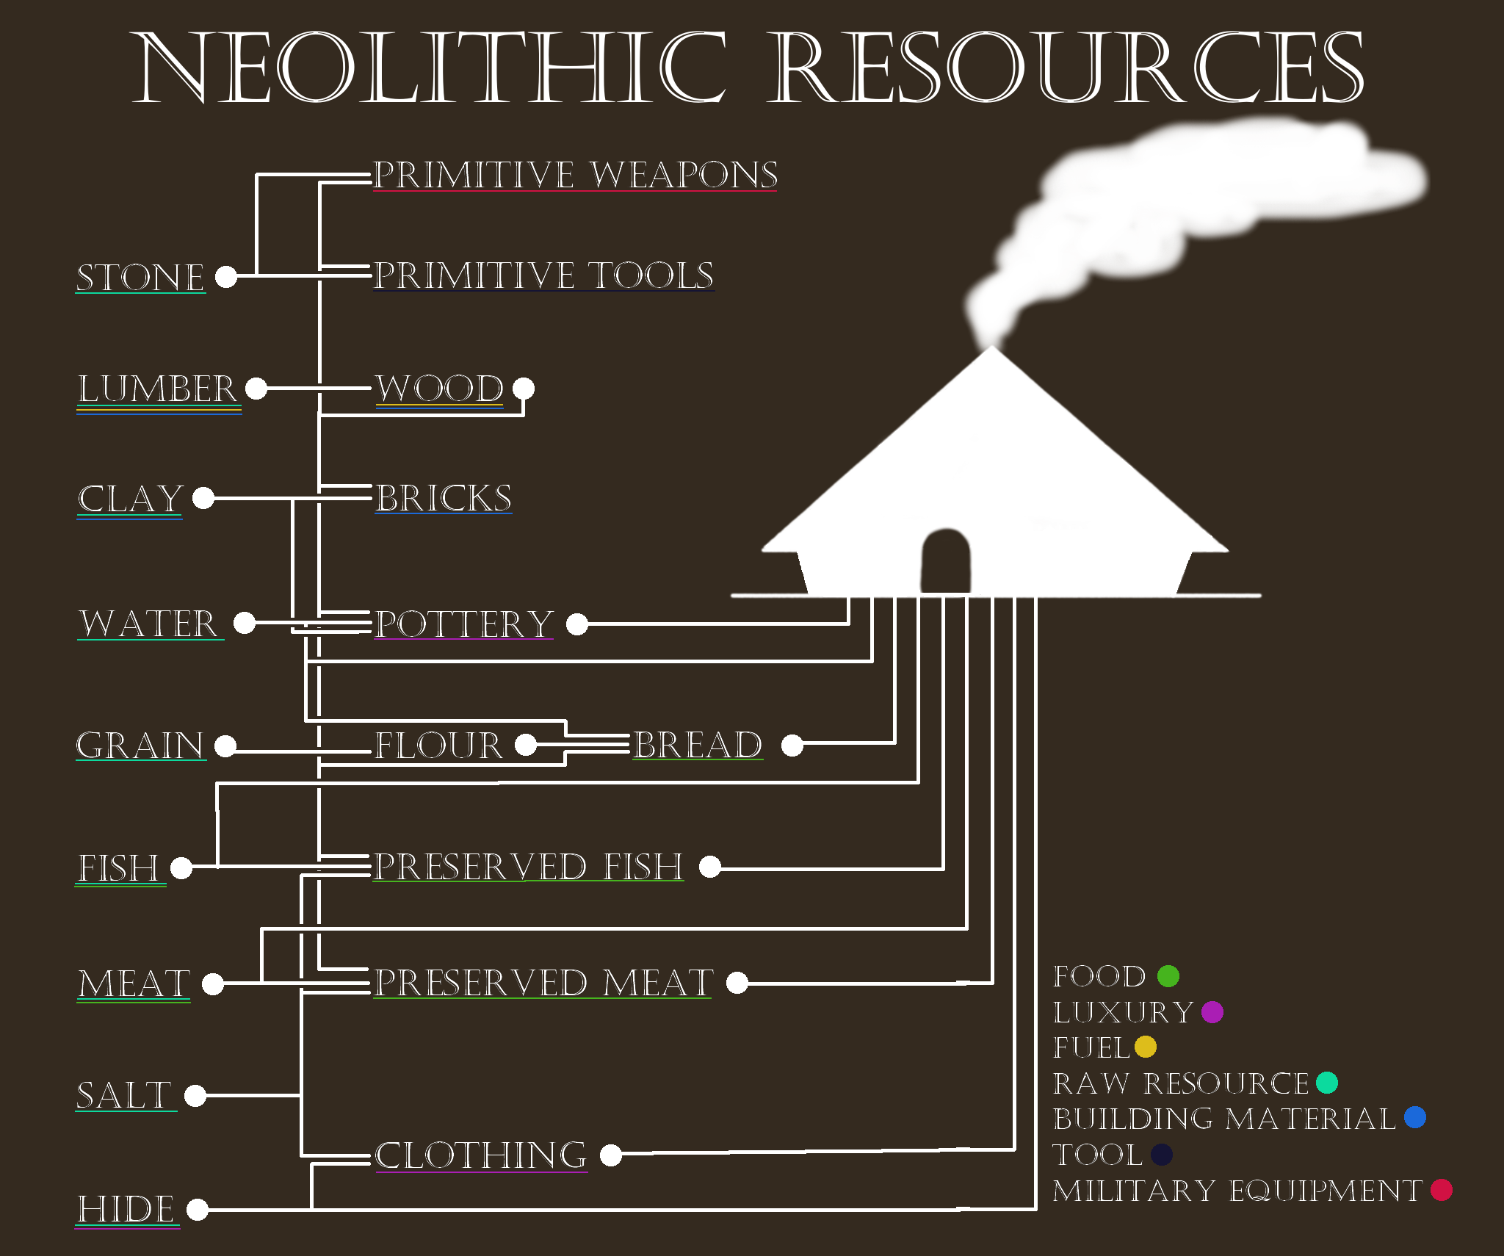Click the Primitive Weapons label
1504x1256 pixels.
[575, 175]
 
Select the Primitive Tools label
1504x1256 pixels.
[543, 275]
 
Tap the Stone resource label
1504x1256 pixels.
[140, 278]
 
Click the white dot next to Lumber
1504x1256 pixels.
[256, 388]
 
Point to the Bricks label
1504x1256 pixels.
[444, 498]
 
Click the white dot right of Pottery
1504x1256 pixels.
[577, 624]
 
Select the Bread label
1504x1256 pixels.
[698, 745]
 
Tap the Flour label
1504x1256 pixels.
[438, 746]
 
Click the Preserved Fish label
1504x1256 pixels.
[528, 867]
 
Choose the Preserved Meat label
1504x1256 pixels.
[543, 983]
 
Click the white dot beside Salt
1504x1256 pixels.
[195, 1095]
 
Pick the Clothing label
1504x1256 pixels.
[481, 1155]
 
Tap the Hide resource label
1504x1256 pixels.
[126, 1209]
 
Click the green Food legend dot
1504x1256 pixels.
[1168, 976]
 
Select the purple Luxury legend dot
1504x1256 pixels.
[1212, 1012]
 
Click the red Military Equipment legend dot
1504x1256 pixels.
[1442, 1190]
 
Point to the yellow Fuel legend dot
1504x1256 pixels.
[1146, 1047]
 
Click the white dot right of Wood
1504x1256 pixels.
[524, 388]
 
